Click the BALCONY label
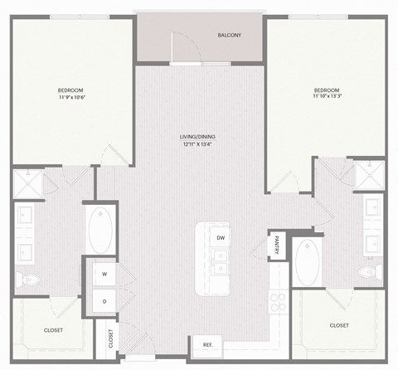[229, 35]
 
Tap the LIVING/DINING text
[199, 137]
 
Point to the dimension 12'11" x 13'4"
[199, 145]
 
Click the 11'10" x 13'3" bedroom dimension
[327, 97]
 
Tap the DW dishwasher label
[221, 238]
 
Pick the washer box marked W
[105, 273]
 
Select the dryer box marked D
[105, 300]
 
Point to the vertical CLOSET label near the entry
[110, 339]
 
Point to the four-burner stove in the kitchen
[279, 304]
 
